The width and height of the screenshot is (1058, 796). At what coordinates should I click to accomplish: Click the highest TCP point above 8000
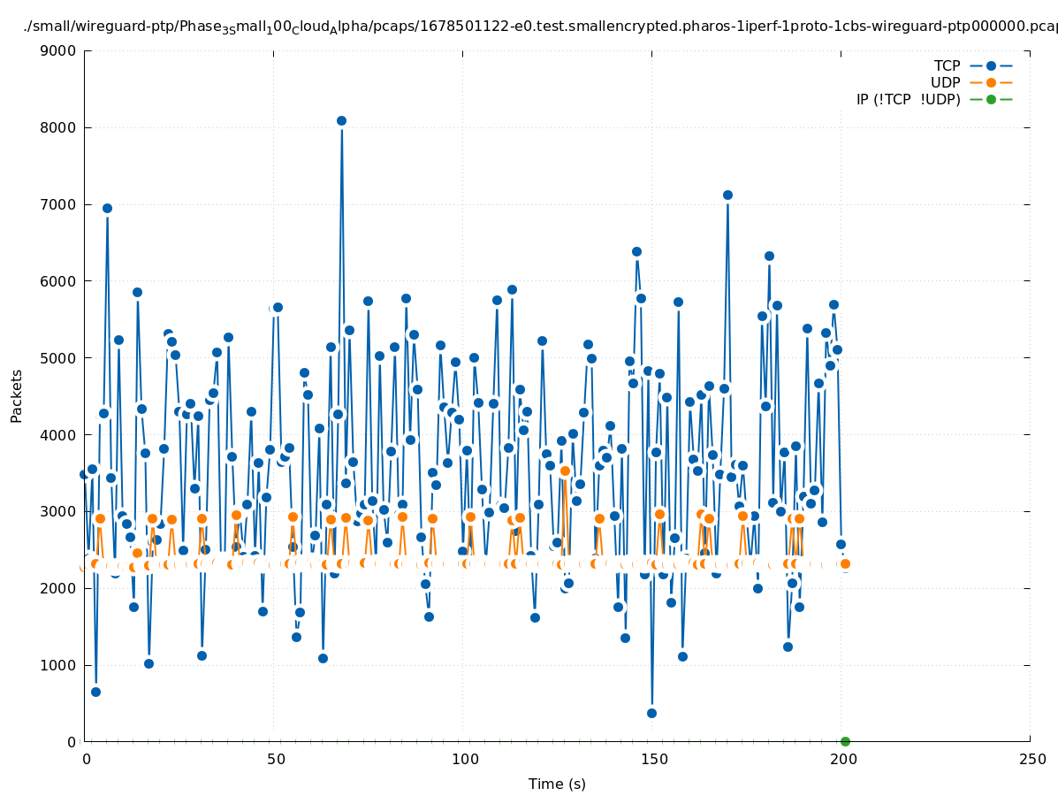tap(341, 120)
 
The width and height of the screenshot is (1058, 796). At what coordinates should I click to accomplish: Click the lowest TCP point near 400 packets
tap(651, 713)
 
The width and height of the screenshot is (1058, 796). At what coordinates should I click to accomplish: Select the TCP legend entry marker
tap(991, 65)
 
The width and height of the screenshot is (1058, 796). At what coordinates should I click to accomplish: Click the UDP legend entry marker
tap(991, 82)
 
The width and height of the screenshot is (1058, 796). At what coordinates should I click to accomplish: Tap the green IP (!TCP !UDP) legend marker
tap(991, 99)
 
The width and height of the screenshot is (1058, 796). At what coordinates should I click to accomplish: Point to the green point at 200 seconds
tap(845, 741)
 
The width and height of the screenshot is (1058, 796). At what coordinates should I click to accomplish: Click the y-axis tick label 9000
tap(60, 50)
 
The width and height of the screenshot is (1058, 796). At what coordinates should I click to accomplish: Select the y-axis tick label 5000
tap(60, 358)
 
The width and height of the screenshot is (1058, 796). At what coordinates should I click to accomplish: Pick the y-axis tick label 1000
tap(60, 665)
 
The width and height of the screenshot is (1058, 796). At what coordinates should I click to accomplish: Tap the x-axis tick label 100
tap(464, 760)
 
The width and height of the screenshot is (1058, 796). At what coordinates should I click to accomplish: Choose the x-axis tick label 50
tap(275, 760)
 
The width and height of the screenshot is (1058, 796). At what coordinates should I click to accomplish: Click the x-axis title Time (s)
tap(557, 784)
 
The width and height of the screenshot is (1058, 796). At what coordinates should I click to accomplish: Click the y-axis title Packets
tap(17, 395)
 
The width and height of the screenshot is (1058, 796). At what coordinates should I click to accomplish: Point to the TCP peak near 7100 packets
tap(727, 195)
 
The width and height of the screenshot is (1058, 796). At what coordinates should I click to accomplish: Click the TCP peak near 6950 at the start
tap(107, 208)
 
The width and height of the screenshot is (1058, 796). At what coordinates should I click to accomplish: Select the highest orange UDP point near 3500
tap(565, 471)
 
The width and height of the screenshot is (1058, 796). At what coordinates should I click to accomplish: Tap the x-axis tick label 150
tap(653, 760)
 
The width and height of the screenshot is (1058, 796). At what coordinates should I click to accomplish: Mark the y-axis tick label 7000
tap(60, 204)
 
